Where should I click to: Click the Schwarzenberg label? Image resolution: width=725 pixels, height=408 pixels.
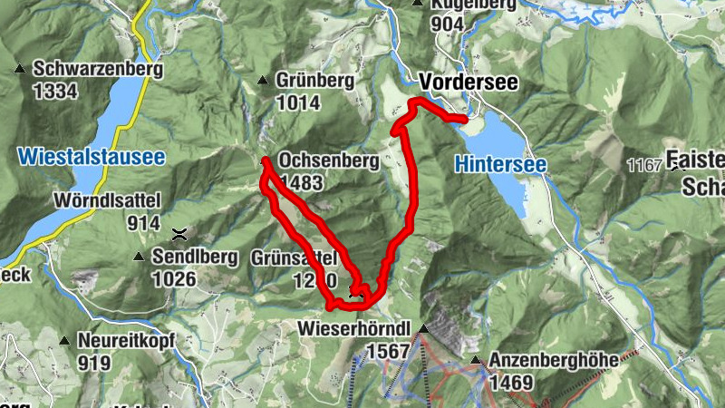[x=98, y=69]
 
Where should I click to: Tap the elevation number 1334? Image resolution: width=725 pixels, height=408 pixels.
[x=54, y=91]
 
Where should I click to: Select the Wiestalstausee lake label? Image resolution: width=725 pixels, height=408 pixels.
[x=91, y=158]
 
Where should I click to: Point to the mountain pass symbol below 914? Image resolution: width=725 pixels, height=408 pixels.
[x=181, y=233]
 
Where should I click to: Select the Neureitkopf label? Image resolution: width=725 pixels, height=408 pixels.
[x=125, y=341]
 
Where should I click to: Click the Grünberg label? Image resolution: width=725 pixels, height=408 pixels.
[x=316, y=81]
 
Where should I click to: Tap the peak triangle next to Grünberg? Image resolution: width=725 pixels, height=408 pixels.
[x=263, y=81]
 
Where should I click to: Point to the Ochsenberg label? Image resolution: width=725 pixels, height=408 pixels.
[x=329, y=160]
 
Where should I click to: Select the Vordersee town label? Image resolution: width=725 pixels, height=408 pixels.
[x=469, y=83]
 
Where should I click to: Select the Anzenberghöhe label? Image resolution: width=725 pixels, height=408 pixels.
[x=553, y=361]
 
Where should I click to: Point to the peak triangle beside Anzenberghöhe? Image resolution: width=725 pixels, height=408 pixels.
[x=475, y=361]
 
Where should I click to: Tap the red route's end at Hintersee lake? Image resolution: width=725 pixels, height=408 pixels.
[x=464, y=119]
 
